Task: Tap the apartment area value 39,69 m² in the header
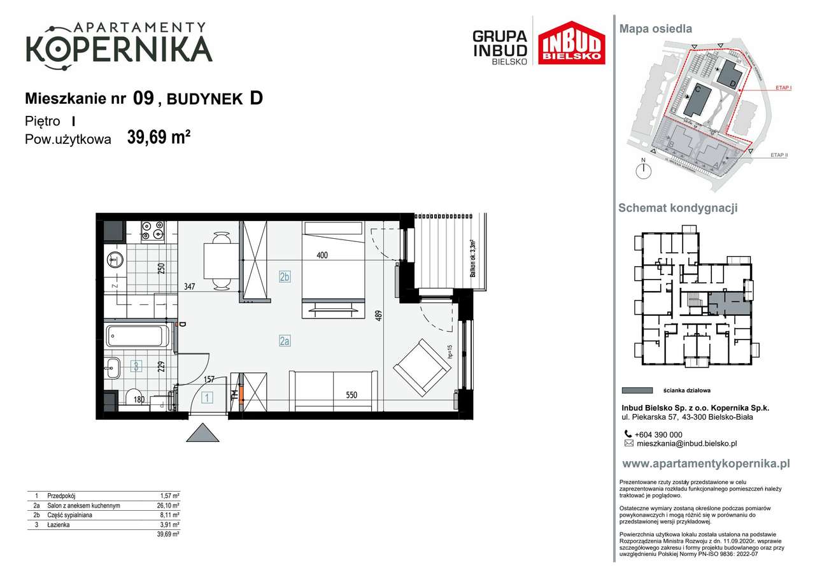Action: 159,138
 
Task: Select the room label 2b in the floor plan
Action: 285,277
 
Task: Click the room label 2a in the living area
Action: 285,341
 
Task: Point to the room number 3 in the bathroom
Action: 136,366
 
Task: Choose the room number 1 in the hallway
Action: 207,399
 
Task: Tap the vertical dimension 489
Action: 379,316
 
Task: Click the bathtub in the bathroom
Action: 138,336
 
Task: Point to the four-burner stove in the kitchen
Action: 153,231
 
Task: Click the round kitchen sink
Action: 115,260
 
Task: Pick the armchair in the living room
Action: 421,367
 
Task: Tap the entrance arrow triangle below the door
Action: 203,433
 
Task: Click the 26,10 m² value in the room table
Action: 169,505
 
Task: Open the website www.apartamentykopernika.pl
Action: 705,464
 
